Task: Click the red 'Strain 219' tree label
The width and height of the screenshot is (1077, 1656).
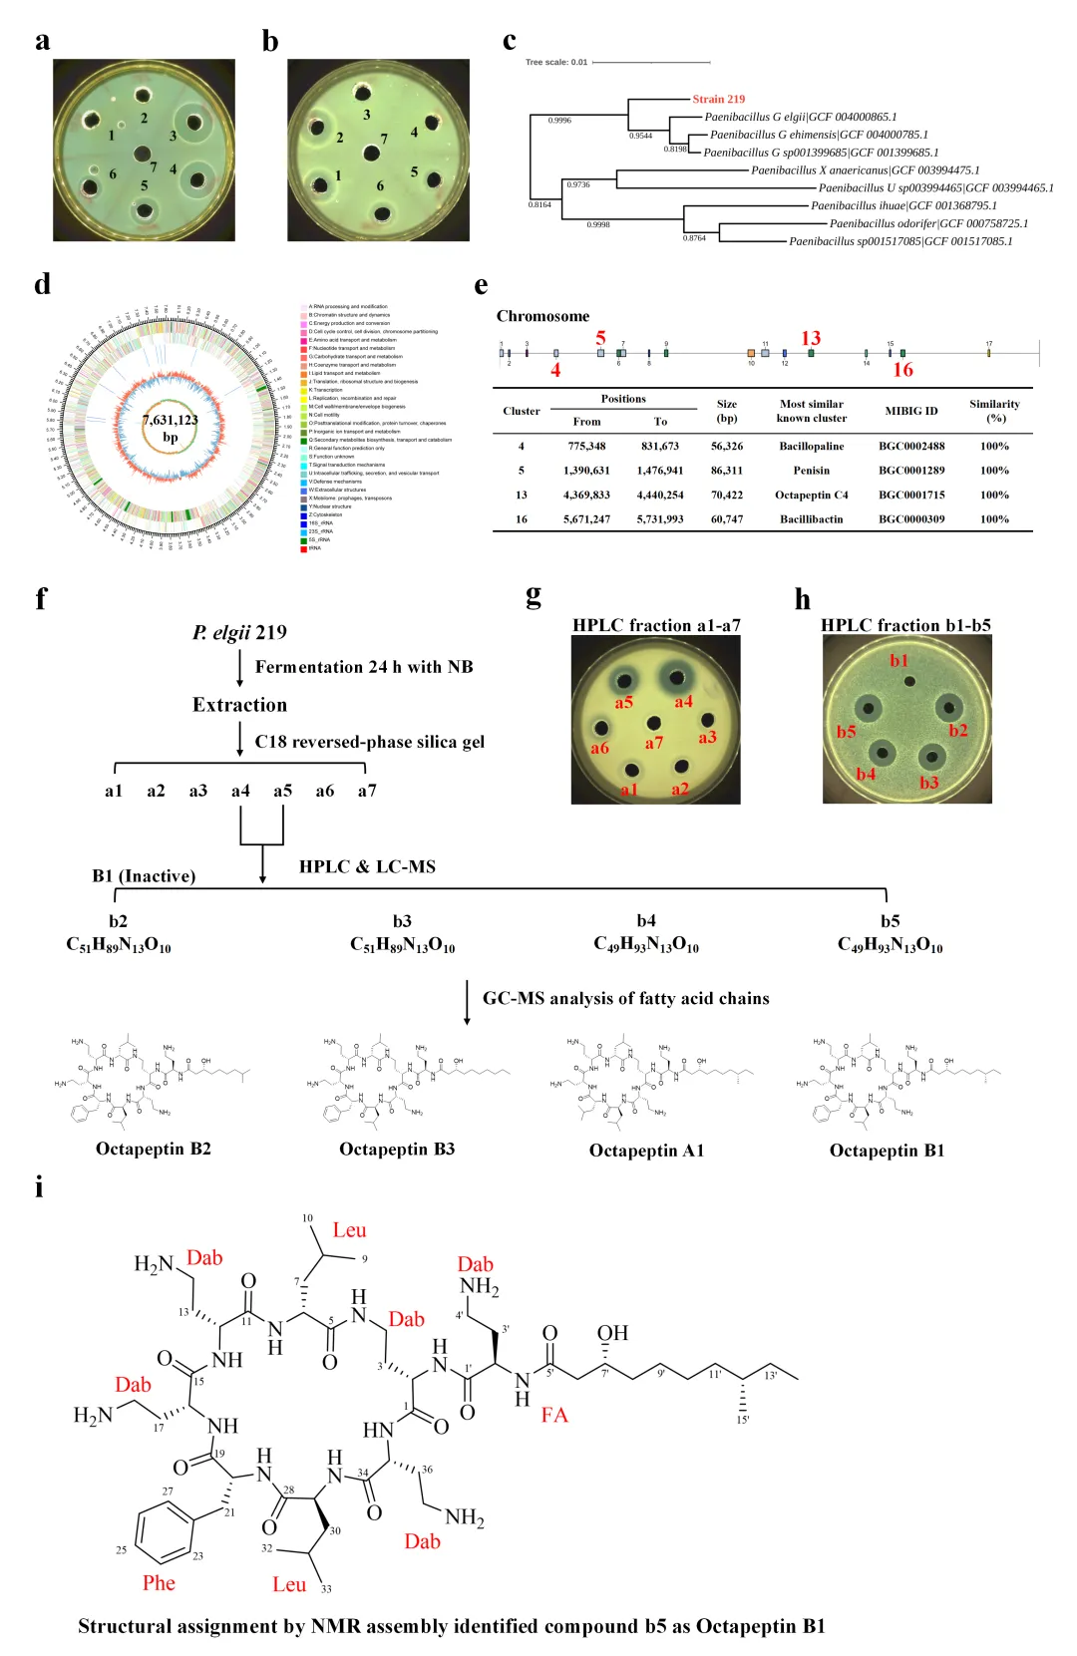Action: [718, 99]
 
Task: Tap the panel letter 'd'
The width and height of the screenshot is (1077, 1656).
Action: [42, 284]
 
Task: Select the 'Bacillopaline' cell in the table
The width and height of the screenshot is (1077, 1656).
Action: [811, 446]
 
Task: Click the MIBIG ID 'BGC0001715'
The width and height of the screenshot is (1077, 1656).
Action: [910, 495]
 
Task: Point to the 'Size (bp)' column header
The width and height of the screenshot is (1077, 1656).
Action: [726, 411]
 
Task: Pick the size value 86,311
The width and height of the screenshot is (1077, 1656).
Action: [726, 470]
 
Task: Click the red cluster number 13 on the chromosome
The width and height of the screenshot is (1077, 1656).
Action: [811, 339]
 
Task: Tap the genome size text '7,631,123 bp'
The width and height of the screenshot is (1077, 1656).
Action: [171, 428]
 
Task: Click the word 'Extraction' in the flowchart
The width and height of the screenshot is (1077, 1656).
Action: [239, 705]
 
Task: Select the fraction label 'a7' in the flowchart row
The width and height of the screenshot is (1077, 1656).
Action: [367, 791]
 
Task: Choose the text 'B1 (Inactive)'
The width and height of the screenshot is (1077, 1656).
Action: [144, 875]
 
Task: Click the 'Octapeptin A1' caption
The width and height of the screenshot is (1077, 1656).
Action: [646, 1151]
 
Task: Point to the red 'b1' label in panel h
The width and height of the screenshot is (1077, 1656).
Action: [899, 660]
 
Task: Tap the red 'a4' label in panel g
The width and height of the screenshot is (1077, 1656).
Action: [683, 702]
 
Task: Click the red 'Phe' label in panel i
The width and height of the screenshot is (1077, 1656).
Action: [159, 1582]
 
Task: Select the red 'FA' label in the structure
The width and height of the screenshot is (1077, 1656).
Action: [554, 1414]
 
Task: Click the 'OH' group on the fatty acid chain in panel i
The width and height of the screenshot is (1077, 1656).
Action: [612, 1333]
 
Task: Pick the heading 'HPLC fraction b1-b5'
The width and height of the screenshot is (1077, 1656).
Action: [905, 625]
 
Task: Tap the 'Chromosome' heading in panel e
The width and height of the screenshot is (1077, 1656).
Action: [542, 316]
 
